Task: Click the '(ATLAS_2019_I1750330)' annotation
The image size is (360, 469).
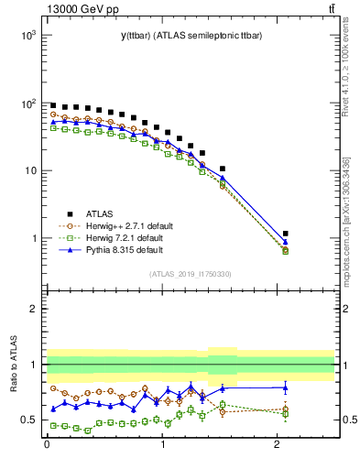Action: (x=190, y=274)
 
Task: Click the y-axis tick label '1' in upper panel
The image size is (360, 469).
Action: (x=32, y=239)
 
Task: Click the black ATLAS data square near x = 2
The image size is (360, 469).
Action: (x=286, y=234)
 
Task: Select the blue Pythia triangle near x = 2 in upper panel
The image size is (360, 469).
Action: (x=286, y=242)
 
